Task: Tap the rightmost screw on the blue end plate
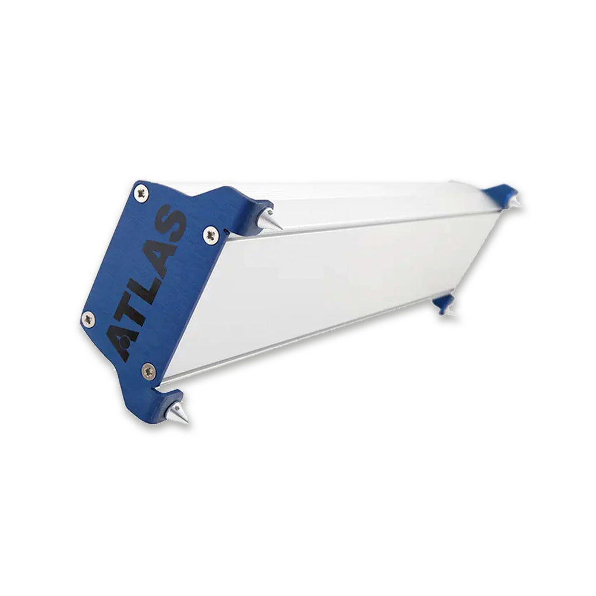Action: pos(211,235)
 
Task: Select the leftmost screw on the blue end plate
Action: pos(88,319)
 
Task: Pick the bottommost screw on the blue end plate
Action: pos(148,371)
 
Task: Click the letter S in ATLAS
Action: pos(171,224)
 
